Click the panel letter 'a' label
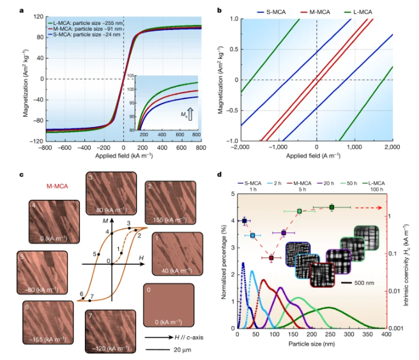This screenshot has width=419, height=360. click(22, 10)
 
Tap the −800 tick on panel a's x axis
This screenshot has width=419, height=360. click(43, 148)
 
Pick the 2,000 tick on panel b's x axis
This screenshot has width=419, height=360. click(392, 148)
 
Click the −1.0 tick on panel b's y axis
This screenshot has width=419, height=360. click(234, 140)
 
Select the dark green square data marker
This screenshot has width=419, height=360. click(331, 207)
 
